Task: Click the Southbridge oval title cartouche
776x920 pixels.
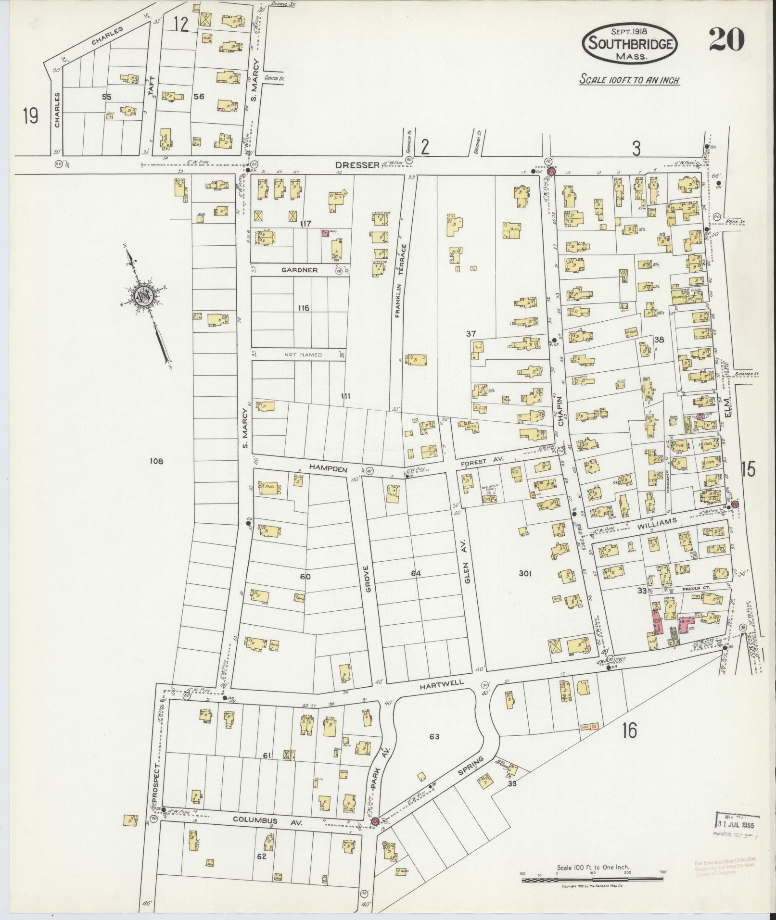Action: tap(630, 44)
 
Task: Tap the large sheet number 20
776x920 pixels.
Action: tap(726, 40)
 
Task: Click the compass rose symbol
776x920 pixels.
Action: tap(143, 296)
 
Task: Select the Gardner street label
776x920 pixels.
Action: tap(300, 270)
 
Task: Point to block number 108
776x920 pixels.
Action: tap(157, 461)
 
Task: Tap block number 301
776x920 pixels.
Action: tap(525, 573)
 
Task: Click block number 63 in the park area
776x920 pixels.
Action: tap(435, 750)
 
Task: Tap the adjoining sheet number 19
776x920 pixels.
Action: tap(30, 115)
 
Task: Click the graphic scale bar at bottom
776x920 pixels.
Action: tap(592, 880)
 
